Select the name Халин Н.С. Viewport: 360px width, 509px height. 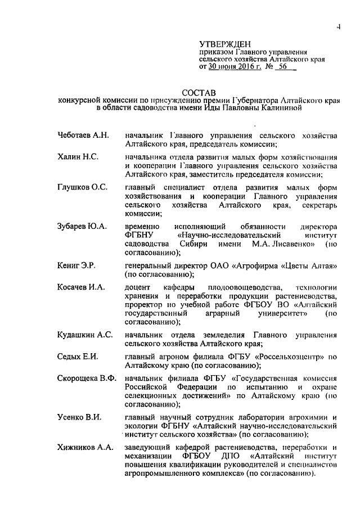(x=78, y=156)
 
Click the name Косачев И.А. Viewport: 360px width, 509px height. (x=81, y=287)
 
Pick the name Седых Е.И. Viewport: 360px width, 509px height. (x=77, y=357)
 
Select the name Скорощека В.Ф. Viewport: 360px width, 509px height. (x=87, y=378)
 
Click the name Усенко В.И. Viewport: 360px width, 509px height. (x=79, y=417)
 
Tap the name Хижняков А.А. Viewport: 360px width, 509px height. (x=85, y=447)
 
